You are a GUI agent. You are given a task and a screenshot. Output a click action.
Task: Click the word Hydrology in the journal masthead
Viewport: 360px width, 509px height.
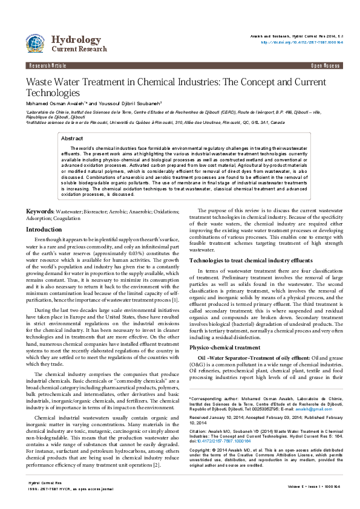(x=76, y=40)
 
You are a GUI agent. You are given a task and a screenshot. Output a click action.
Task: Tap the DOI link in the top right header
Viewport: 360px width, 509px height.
(x=301, y=43)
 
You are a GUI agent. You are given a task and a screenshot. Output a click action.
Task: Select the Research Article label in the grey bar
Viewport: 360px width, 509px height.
(x=47, y=64)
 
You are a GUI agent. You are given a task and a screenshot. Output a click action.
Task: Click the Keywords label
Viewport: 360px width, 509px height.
(x=39, y=212)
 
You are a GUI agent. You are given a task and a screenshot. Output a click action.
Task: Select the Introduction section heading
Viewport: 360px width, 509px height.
(x=47, y=230)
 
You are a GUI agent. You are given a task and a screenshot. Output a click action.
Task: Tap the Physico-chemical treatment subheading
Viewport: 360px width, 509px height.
(x=225, y=348)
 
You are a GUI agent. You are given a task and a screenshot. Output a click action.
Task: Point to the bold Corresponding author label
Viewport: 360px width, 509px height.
(x=215, y=415)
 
